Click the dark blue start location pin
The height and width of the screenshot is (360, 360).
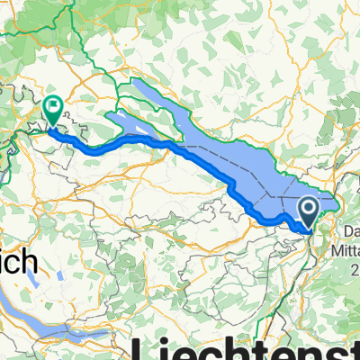pyautogui.click(x=308, y=212)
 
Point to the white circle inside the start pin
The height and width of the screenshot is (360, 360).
pyautogui.click(x=308, y=209)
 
